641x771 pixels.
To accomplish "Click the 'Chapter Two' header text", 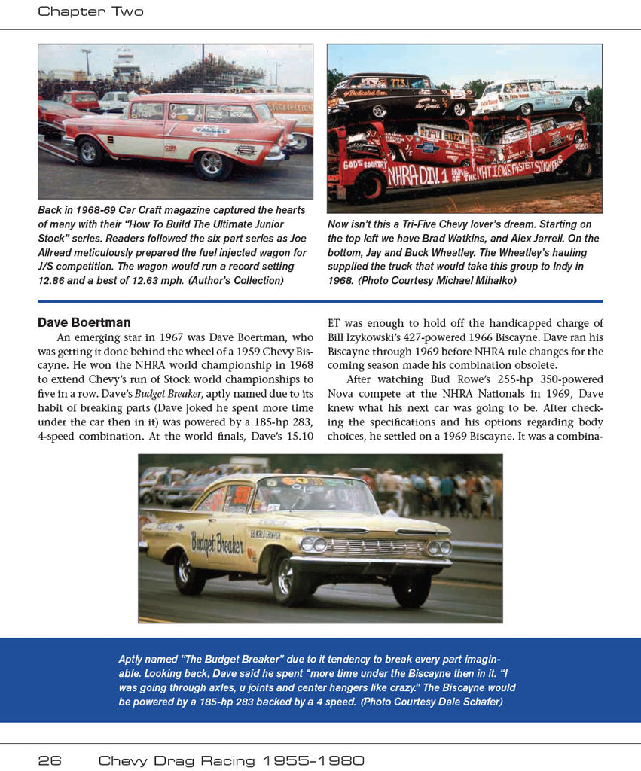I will click(x=90, y=11).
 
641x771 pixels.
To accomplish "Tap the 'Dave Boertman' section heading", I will click(x=84, y=323).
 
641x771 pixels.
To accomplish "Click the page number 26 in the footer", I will click(x=49, y=760).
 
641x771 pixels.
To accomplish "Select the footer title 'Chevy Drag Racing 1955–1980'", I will click(x=231, y=760).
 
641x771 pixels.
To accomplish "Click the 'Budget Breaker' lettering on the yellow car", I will click(x=217, y=542).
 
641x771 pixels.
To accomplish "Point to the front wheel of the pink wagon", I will click(x=215, y=165).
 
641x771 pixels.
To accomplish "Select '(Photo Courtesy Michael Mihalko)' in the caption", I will click(x=444, y=281).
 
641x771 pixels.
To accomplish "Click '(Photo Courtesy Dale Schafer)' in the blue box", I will click(x=431, y=702).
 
